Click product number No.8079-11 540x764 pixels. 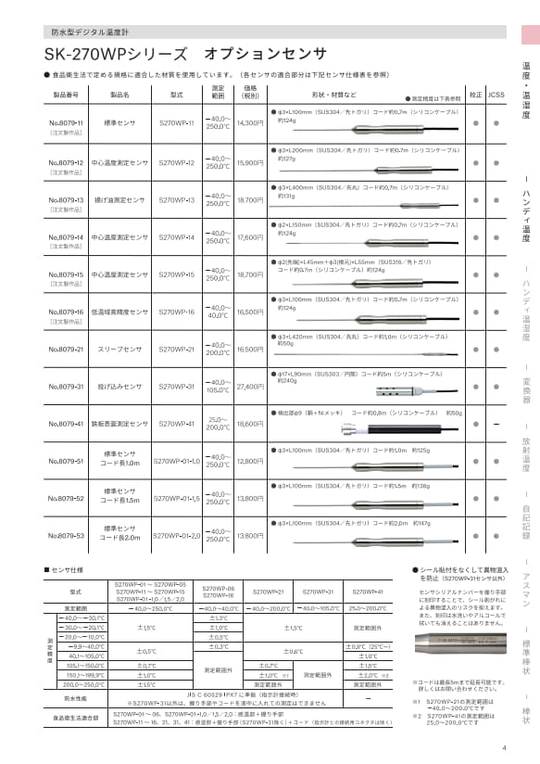click(67, 122)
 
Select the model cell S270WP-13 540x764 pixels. click(177, 199)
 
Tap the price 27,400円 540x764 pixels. click(251, 386)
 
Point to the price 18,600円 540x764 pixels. click(251, 423)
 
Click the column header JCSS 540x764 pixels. click(497, 95)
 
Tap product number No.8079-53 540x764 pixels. click(67, 536)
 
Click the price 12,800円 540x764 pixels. click(251, 461)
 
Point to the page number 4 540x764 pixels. click(504, 749)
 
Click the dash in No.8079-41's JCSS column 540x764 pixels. click(497, 423)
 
